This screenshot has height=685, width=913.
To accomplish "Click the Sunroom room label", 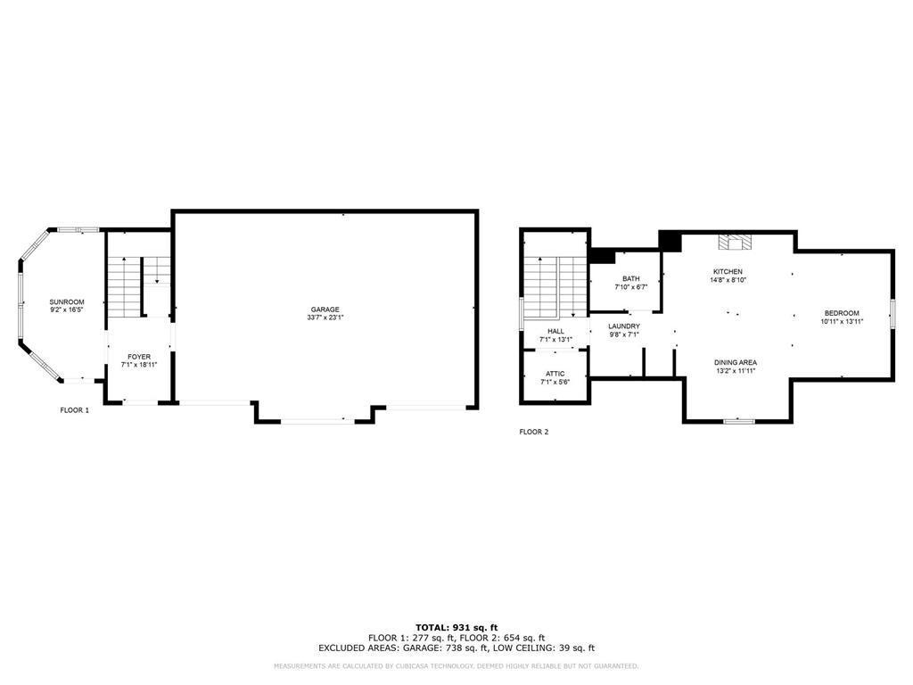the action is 67,301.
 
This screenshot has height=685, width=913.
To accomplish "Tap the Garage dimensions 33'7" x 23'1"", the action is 325,318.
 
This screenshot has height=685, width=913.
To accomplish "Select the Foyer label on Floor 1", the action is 139,357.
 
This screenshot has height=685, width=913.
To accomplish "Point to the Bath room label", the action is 630,278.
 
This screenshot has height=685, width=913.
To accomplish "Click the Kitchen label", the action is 728,271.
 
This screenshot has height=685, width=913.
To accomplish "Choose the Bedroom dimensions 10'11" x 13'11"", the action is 842,321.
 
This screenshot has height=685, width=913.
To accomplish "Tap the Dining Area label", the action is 736,362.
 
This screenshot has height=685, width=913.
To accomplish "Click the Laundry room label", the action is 624,326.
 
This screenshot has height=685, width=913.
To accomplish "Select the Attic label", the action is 555,374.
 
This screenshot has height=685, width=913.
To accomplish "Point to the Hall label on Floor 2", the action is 555,331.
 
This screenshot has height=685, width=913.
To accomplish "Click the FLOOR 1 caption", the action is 75,410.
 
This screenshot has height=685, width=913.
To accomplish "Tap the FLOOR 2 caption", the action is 534,432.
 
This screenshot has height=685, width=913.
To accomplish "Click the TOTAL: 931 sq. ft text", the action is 456,627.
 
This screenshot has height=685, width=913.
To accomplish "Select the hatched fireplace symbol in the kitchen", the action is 735,243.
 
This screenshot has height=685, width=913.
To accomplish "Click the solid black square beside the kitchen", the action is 670,241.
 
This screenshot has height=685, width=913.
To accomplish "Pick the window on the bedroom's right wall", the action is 892,314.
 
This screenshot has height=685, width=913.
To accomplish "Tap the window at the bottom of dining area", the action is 739,421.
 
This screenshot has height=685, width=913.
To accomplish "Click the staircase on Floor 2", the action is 555,287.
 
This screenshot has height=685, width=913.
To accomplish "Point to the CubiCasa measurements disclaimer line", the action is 456,665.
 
